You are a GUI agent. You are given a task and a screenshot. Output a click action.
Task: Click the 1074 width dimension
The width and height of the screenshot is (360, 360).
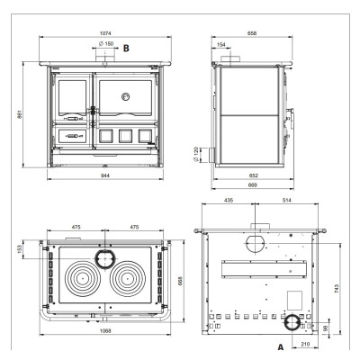[x=105, y=33]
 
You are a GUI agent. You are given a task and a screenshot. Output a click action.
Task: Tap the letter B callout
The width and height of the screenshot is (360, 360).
[x=126, y=48]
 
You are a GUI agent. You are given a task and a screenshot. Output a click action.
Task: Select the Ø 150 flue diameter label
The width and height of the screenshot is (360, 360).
[x=106, y=44]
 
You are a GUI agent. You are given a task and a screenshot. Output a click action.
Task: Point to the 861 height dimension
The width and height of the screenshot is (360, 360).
[x=20, y=114]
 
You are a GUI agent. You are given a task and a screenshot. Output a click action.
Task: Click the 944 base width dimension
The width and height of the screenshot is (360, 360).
[x=105, y=175]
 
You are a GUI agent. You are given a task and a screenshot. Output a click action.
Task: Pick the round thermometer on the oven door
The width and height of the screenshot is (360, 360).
[x=126, y=96]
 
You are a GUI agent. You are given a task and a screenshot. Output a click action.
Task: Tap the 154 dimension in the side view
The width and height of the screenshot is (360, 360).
[x=220, y=45]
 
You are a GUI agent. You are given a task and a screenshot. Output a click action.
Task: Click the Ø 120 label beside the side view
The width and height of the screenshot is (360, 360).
[x=196, y=155]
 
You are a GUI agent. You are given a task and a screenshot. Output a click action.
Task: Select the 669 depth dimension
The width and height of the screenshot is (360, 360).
[x=253, y=185]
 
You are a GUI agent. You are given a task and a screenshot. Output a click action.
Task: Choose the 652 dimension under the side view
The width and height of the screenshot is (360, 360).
[x=254, y=175]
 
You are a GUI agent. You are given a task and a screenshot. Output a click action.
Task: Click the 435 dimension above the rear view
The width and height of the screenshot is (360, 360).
[x=229, y=200]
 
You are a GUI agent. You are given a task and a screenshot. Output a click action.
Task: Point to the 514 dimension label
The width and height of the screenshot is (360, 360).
[x=287, y=200]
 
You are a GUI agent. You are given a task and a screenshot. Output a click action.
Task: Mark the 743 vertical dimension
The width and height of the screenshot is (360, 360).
[x=336, y=289]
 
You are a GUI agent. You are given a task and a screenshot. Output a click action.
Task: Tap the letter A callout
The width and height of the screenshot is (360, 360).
[x=281, y=347]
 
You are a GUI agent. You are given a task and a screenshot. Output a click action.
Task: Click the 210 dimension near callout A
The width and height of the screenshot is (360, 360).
[x=305, y=344]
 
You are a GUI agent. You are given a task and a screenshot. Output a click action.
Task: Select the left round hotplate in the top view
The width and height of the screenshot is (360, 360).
[x=81, y=278]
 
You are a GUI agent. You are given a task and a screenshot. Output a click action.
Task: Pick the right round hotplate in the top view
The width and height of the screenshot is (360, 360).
[x=128, y=278]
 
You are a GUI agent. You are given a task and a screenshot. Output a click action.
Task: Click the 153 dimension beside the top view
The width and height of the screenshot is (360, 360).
[x=20, y=249]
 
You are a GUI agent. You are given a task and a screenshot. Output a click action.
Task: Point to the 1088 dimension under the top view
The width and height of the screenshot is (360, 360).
[x=105, y=331]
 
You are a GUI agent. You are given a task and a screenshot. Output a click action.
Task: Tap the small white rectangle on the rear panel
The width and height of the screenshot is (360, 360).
[x=295, y=301]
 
